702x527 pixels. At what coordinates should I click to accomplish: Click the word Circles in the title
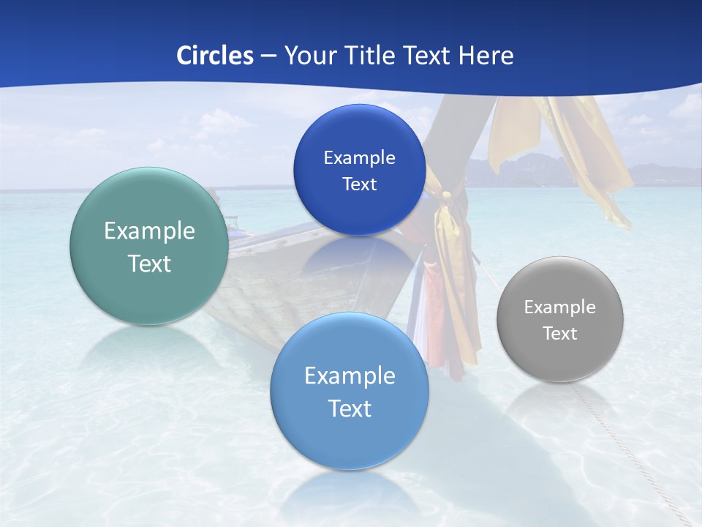pyautogui.click(x=214, y=55)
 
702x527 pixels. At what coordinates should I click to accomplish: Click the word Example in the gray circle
pyautogui.click(x=559, y=307)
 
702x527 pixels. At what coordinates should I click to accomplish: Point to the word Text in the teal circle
pyautogui.click(x=149, y=263)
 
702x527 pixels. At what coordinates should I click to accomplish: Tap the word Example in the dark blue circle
pyautogui.click(x=359, y=157)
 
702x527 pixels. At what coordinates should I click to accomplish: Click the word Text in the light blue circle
pyautogui.click(x=350, y=408)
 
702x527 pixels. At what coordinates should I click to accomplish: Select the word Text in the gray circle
pyautogui.click(x=559, y=334)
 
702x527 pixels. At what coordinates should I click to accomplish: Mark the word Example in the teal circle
pyautogui.click(x=149, y=231)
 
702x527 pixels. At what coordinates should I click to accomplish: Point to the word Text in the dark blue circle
pyautogui.click(x=359, y=184)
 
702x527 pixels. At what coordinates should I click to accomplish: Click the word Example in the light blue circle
pyautogui.click(x=350, y=376)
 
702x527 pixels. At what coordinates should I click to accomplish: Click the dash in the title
pyautogui.click(x=268, y=56)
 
